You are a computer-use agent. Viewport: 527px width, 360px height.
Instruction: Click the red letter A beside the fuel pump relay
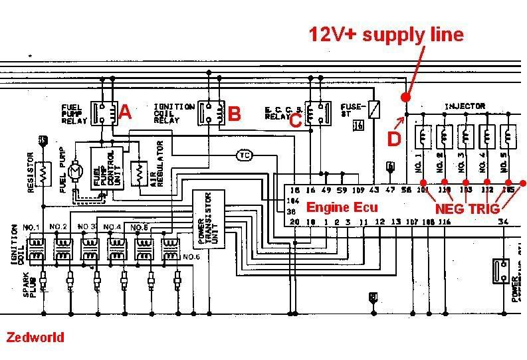tap(124, 114)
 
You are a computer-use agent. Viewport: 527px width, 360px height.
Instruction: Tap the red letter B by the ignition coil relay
tap(234, 114)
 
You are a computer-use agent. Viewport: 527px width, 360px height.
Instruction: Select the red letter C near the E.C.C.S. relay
tap(296, 121)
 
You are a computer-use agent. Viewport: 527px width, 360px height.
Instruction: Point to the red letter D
tap(394, 139)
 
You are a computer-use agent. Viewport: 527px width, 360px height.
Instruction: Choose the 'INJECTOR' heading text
tap(465, 106)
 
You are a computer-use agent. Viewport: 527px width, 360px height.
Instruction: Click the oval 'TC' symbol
tap(244, 155)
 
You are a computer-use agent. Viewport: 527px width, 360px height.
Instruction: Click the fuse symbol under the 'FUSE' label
tap(374, 106)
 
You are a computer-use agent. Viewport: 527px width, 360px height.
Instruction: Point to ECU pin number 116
tap(444, 221)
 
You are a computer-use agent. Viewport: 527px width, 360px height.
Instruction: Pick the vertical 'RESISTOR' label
tap(30, 173)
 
